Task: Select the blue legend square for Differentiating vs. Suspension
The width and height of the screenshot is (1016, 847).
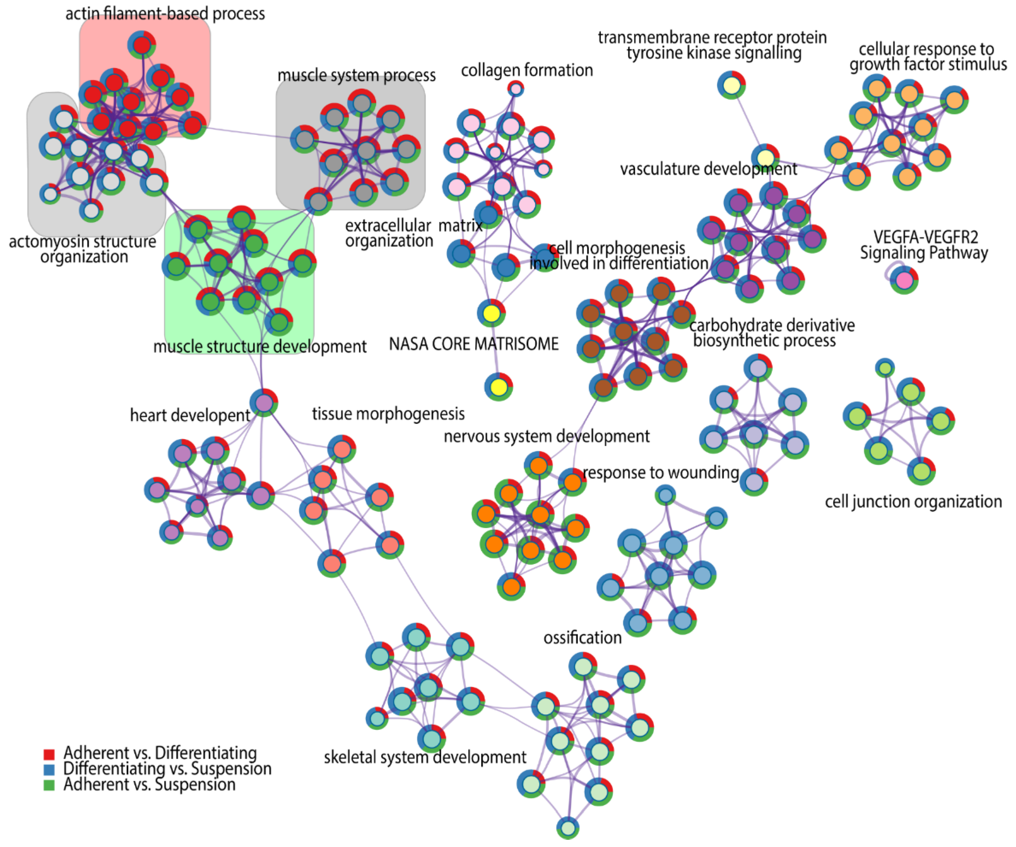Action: (49, 770)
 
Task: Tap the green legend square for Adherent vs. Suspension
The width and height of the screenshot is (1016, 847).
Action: (49, 785)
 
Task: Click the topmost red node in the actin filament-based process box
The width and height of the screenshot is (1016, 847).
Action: (142, 45)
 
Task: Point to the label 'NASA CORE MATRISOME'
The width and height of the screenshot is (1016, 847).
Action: (474, 344)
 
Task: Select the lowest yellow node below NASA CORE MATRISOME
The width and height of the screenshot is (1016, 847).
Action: (498, 387)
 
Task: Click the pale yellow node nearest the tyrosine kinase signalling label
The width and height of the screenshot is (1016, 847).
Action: (731, 85)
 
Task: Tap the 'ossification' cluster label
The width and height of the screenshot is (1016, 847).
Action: (582, 638)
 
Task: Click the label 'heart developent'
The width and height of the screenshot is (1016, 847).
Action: (190, 415)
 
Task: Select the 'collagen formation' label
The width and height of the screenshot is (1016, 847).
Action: (527, 71)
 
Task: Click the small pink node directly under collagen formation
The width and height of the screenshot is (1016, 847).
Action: (516, 88)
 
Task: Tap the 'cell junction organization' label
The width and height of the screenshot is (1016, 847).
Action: (913, 502)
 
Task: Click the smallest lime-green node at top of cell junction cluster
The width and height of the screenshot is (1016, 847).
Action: (885, 368)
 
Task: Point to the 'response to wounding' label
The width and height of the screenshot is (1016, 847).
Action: (661, 473)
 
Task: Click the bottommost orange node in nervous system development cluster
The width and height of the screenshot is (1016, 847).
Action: (511, 587)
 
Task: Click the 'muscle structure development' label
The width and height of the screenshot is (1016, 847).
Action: (260, 347)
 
